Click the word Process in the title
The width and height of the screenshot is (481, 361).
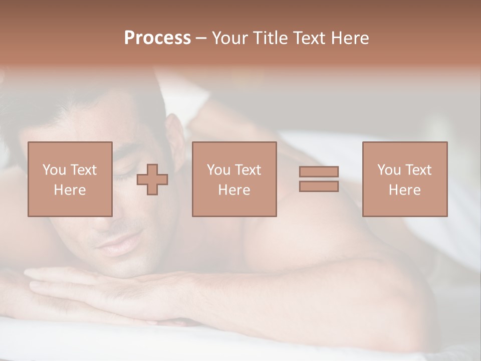coord(157,38)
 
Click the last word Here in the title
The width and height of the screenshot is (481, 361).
coord(351,38)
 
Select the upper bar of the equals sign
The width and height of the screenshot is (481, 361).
coord(319,171)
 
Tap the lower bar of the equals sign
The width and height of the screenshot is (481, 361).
coord(319,187)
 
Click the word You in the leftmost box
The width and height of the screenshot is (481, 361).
coord(53,170)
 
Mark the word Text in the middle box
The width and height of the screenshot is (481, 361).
coord(248,170)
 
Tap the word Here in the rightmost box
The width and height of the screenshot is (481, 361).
coord(405,190)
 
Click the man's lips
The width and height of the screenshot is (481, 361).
coord(114,244)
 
